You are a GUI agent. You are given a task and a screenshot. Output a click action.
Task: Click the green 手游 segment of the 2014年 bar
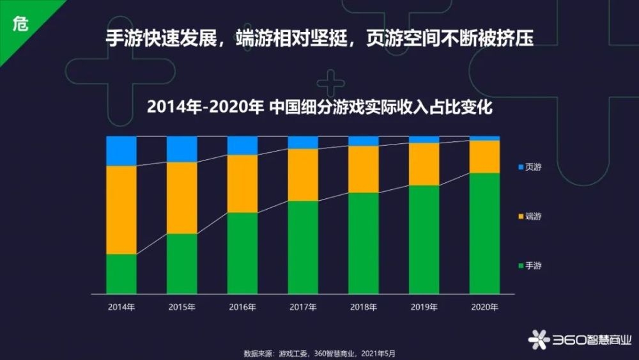[x=121, y=273]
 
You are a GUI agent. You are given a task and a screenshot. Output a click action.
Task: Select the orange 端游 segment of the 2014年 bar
[x=121, y=210]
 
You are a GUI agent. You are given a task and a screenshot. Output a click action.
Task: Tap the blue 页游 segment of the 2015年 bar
[x=182, y=148]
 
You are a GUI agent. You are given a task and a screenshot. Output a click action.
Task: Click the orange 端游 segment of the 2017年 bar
[x=303, y=175]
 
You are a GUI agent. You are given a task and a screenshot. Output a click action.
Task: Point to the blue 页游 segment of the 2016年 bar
[x=242, y=145]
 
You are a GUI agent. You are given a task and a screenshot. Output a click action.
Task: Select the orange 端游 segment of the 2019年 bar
[x=424, y=164]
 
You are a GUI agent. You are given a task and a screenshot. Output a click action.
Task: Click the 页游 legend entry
[x=530, y=167]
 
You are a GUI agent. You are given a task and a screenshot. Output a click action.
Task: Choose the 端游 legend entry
[x=530, y=216]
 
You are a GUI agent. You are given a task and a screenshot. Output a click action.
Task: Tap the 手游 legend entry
[x=530, y=265]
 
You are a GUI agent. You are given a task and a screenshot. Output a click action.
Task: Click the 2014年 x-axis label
[x=121, y=307]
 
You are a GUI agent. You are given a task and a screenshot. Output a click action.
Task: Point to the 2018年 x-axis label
[x=363, y=307]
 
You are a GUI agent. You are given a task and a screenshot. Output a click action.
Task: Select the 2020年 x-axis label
[x=484, y=307]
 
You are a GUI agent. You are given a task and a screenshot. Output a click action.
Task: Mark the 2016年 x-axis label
[x=242, y=307]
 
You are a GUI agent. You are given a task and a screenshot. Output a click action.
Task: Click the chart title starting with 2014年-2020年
[x=319, y=107]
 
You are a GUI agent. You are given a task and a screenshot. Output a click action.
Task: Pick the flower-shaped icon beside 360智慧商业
[x=539, y=340]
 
